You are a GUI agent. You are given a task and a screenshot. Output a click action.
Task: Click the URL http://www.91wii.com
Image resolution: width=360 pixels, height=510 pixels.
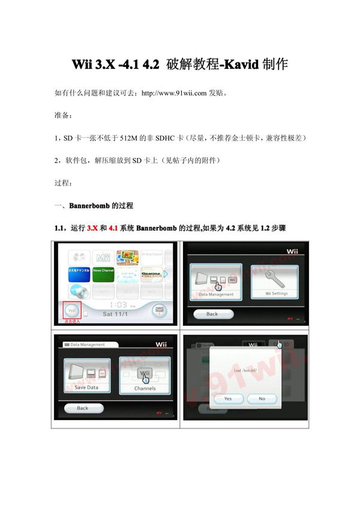(x=173, y=93)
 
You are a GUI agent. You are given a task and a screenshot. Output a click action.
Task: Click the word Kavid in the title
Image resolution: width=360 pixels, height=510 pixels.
(x=240, y=64)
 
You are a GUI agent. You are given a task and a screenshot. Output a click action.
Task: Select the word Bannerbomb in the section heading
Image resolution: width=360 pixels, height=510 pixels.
(x=90, y=205)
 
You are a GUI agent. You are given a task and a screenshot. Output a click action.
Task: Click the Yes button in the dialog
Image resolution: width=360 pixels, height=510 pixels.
(x=228, y=398)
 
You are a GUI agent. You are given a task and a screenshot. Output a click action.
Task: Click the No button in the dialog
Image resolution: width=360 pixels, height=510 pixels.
(x=262, y=398)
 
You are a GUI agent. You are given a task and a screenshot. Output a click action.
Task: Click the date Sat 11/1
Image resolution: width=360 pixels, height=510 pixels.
(x=116, y=314)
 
